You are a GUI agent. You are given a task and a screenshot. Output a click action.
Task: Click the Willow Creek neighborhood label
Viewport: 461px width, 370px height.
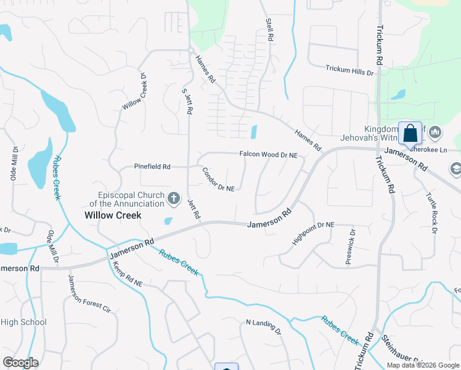(113, 215)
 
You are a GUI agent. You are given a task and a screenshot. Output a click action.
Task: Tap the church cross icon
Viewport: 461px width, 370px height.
(174, 199)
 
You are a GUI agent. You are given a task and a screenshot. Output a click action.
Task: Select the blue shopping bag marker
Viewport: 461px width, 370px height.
(410, 134)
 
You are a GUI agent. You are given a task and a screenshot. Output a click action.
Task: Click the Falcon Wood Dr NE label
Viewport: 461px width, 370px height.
(268, 155)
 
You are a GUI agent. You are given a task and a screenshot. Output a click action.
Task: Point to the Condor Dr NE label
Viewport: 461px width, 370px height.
(218, 179)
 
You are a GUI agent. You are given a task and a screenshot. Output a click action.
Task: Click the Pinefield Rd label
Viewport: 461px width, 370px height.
(152, 166)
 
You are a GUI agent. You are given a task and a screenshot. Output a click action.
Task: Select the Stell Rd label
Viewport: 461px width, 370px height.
(269, 30)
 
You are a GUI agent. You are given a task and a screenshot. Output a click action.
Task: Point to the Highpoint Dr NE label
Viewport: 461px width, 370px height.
(312, 234)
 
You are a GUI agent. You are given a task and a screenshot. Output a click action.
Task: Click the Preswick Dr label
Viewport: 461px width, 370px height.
(350, 247)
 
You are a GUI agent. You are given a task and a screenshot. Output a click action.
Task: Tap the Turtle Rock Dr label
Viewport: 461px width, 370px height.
(431, 213)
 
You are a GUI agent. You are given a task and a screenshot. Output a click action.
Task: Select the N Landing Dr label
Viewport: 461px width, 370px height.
(263, 326)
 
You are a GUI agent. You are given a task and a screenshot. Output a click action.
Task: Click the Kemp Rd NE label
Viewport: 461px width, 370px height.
(128, 275)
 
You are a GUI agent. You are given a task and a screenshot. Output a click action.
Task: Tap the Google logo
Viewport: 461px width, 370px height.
(20, 363)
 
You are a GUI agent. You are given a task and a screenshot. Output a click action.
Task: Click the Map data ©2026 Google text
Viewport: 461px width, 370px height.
(423, 365)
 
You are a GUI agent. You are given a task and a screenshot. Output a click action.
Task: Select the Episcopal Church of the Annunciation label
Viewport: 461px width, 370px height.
(127, 198)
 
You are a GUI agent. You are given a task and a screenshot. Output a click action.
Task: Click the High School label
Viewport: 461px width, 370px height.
(23, 322)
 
